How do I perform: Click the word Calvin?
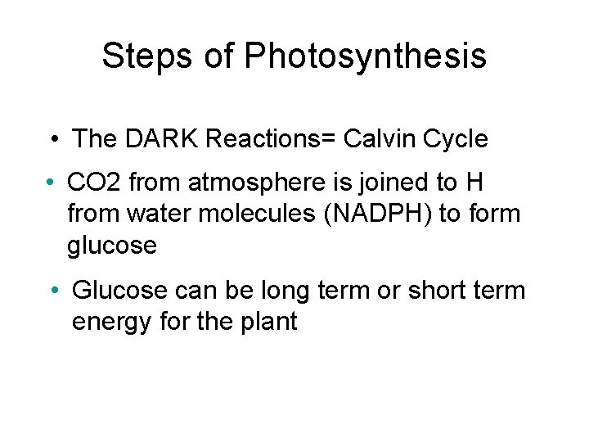click(x=382, y=139)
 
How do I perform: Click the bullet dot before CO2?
click(x=51, y=180)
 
